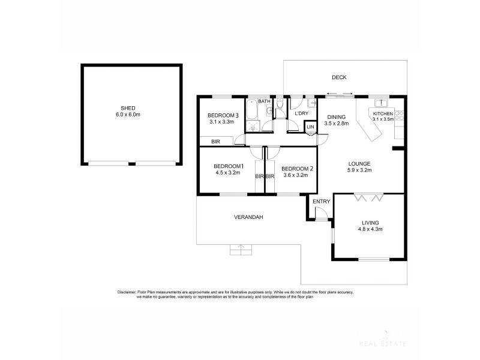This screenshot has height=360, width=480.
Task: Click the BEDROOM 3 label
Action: [x=223, y=115]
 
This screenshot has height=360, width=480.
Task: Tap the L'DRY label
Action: [x=301, y=113]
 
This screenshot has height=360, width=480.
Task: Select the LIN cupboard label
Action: [x=310, y=127]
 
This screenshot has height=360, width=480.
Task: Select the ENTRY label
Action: [x=321, y=202]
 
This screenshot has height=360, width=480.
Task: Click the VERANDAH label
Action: [x=248, y=217]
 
